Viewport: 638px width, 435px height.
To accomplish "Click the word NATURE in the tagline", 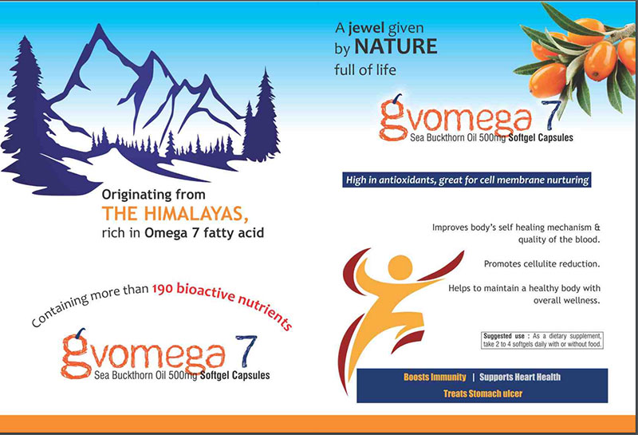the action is point(396,46).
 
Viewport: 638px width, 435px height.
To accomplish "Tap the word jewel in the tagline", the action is point(367,28).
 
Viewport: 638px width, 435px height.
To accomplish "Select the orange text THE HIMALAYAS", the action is point(175,214).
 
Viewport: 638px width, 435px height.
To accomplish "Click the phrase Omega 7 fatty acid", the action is point(204,233).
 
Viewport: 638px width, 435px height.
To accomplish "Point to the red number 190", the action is point(163,289).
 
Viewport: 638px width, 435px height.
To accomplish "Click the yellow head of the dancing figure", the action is point(400,267).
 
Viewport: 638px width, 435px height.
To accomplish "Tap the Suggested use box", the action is point(542,340).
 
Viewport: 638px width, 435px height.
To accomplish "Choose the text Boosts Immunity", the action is point(435,378).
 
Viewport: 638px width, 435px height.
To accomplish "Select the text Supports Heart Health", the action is point(520,378).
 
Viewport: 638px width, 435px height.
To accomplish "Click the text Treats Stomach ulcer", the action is point(483,393).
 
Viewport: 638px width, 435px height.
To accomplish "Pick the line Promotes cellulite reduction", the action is point(542,264).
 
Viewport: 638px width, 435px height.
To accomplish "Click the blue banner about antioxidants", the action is point(467,180).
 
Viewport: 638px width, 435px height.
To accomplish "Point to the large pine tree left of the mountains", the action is point(26,106).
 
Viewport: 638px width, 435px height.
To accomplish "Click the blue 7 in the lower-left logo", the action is point(246,350).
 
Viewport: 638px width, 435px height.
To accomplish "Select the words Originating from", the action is point(153,195).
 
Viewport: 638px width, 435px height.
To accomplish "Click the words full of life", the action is point(365,70).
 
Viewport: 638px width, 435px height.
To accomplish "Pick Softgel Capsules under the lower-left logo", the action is point(234,375).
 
